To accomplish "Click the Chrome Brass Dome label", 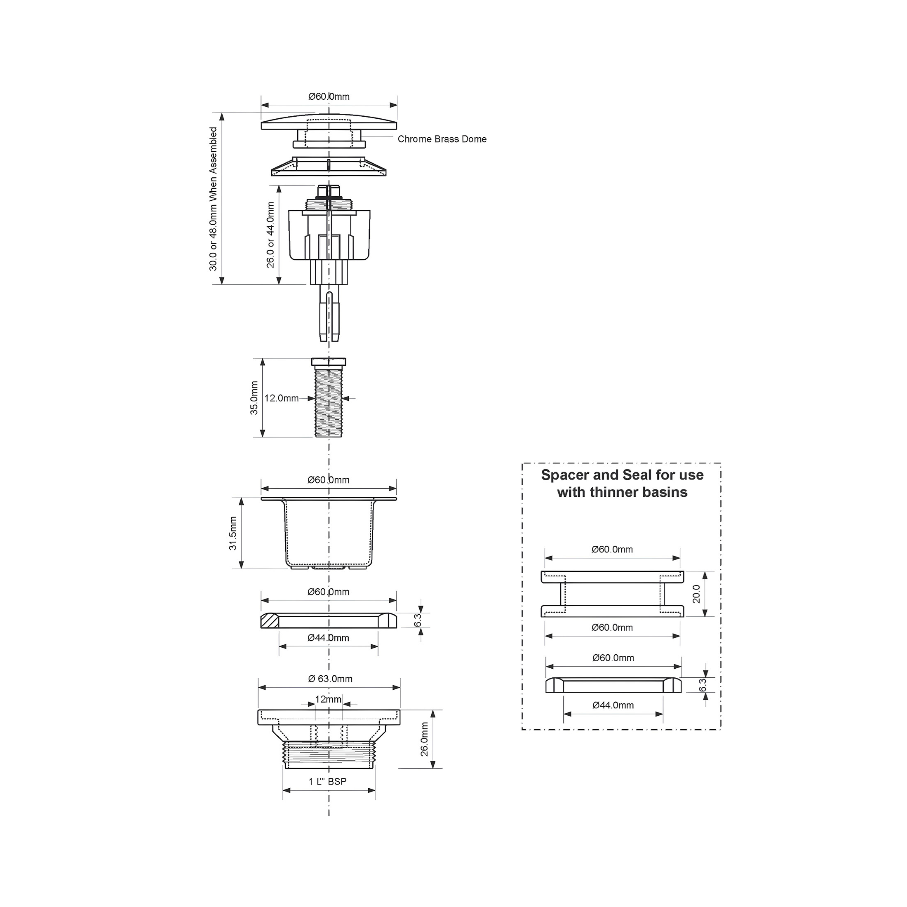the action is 442,139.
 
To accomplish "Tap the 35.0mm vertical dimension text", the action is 254,397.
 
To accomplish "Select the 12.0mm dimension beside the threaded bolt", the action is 281,398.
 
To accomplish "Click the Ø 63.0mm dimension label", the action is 330,679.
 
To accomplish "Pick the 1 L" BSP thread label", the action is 328,782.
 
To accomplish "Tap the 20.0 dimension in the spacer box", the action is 696,594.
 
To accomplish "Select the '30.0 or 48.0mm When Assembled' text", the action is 213,199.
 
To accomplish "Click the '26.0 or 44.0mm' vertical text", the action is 270,235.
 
